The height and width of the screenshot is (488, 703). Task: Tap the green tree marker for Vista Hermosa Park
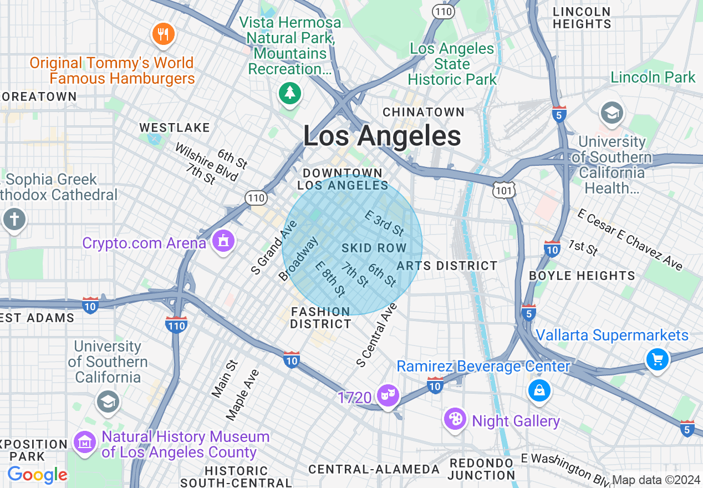click(289, 93)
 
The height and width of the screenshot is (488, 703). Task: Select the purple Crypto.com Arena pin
click(223, 241)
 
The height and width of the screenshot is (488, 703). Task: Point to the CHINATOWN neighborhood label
click(424, 112)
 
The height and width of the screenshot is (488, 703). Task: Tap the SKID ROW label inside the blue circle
click(374, 248)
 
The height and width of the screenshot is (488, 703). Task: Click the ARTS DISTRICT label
click(447, 266)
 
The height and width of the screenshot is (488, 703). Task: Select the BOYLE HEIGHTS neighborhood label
click(582, 276)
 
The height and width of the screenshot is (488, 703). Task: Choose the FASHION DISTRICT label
click(320, 318)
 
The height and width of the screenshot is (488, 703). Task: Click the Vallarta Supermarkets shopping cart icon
click(658, 359)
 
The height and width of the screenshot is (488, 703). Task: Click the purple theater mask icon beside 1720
click(388, 395)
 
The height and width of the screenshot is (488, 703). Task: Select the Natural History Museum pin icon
click(85, 443)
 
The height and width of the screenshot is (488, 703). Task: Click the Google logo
click(37, 475)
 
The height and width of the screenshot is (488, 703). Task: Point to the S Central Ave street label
click(378, 334)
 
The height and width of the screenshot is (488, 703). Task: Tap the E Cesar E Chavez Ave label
click(629, 240)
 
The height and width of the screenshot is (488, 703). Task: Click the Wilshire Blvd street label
click(206, 162)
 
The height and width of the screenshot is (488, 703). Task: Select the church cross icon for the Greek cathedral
click(14, 219)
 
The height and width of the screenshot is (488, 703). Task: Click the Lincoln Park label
click(653, 77)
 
